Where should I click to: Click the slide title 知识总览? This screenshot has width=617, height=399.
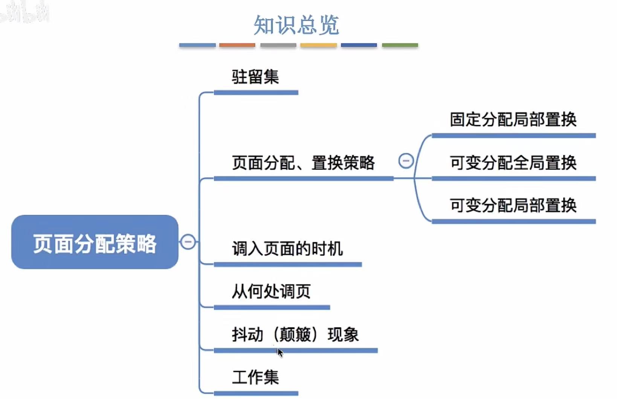tap(296, 25)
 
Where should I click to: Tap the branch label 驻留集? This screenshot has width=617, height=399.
tap(255, 77)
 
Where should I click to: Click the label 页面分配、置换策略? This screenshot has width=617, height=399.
tap(303, 163)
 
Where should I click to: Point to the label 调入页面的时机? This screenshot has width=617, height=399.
tap(287, 249)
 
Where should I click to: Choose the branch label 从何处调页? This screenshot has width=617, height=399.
tap(271, 291)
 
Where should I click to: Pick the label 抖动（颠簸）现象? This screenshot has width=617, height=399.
tap(295, 334)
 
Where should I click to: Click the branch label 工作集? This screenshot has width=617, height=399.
tap(255, 377)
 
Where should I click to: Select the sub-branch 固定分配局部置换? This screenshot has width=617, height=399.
tap(513, 119)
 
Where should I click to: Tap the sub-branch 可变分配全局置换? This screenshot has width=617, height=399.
tap(513, 163)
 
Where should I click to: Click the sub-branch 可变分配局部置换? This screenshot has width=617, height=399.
tap(513, 205)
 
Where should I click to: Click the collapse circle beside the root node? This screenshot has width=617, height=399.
tap(188, 242)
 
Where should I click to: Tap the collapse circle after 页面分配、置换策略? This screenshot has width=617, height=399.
tap(406, 161)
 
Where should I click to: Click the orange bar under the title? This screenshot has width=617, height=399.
tap(237, 45)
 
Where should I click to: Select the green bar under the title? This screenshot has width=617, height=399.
tap(400, 45)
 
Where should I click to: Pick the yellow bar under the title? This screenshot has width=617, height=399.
tap(318, 45)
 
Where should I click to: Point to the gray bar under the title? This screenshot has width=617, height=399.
tap(278, 45)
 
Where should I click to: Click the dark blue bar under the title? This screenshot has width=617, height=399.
tap(359, 45)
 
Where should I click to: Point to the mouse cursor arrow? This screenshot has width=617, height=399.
tap(280, 352)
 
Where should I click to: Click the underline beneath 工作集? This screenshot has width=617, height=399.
tap(256, 393)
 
